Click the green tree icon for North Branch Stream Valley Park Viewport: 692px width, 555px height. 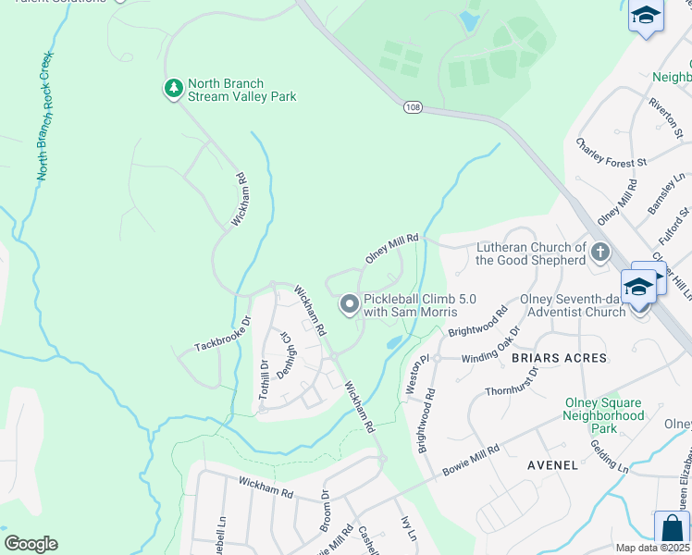(x=172, y=90)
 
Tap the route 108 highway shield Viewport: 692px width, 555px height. (x=412, y=108)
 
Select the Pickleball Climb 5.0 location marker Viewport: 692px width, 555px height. (x=349, y=303)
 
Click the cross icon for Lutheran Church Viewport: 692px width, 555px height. (x=600, y=252)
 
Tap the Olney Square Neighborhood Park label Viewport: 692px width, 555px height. (x=603, y=415)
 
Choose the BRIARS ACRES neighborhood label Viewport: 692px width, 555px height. (x=563, y=358)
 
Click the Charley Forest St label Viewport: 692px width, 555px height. (x=611, y=154)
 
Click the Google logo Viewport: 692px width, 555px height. (x=31, y=543)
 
